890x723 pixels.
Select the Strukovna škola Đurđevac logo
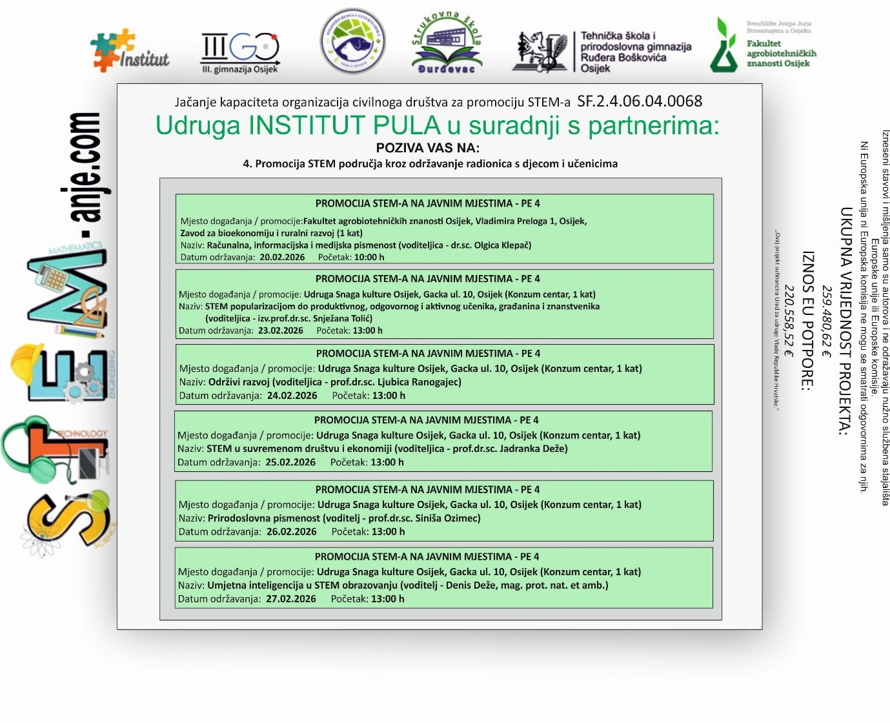[x=447, y=43]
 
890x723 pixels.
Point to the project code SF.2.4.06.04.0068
[x=640, y=101]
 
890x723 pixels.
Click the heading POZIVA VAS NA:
[x=428, y=148]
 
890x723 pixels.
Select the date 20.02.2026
[x=282, y=257]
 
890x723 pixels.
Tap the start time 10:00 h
[x=369, y=257]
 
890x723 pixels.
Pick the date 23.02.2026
[x=281, y=331]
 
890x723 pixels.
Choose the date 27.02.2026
[x=291, y=599]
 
